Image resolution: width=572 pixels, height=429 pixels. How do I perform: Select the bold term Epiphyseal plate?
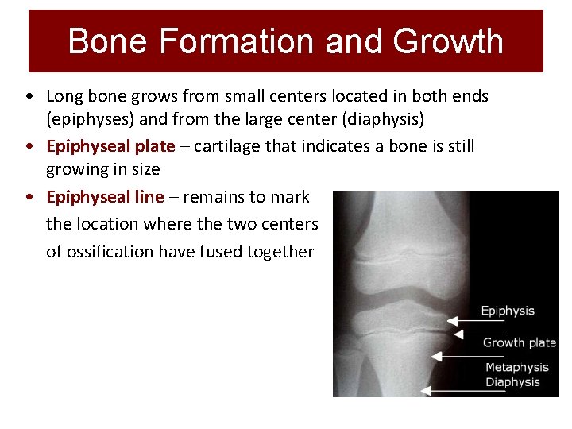[x=110, y=147]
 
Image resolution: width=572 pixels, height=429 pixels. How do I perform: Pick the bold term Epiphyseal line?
[x=106, y=197]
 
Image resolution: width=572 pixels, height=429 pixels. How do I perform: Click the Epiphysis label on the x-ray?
[x=508, y=311]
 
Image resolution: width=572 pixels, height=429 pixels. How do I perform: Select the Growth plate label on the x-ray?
[x=520, y=342]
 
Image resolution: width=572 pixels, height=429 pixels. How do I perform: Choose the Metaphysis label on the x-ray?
[x=516, y=368]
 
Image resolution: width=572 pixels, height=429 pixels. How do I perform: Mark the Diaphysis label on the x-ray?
[x=512, y=382]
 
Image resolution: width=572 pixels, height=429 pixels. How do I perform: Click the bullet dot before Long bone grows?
[x=29, y=97]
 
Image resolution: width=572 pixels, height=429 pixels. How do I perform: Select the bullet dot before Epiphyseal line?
[x=29, y=198]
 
